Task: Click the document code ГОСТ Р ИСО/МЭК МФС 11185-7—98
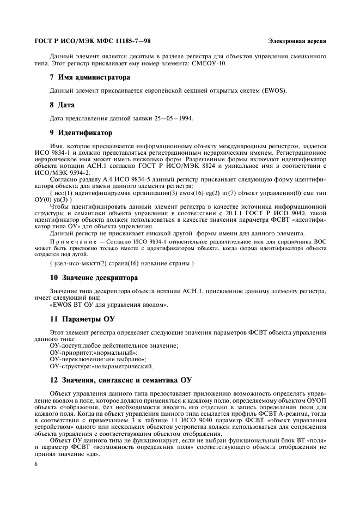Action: [x=93, y=41]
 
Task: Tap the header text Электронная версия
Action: [x=297, y=41]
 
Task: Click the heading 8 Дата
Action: [x=62, y=105]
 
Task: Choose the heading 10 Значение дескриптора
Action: [x=94, y=277]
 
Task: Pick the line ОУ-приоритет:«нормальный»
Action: [x=94, y=353]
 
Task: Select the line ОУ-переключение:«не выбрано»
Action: [x=98, y=359]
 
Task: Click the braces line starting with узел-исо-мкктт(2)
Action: [x=121, y=263]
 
